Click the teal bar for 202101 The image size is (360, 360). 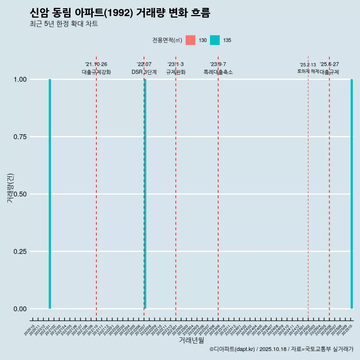(50, 194)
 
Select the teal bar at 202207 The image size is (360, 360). (145, 194)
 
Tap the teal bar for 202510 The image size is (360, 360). (352, 194)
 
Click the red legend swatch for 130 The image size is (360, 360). (190, 40)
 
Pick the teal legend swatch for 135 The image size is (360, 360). (215, 40)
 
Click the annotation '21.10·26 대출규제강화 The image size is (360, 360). (96, 68)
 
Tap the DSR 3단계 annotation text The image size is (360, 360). (144, 72)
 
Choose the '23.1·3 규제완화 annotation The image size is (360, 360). (175, 68)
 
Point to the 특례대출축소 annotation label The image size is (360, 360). (218, 72)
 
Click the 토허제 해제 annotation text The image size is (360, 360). (308, 71)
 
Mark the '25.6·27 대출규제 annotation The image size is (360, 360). (329, 68)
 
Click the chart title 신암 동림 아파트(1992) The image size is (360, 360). (120, 13)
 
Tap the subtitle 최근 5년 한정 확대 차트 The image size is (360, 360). (64, 24)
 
